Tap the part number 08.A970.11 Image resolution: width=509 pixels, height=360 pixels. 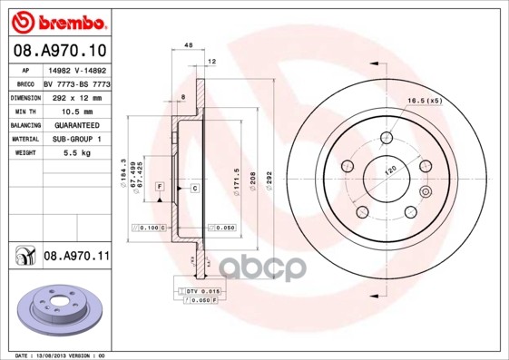point(76,257)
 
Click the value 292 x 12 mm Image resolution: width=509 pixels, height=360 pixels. point(75,96)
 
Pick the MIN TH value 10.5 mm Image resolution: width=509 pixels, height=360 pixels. point(75,110)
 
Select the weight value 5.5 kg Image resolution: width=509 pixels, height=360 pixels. point(75,153)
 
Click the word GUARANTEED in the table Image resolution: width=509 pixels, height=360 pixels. point(75,124)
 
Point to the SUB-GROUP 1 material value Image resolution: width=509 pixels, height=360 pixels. point(75,139)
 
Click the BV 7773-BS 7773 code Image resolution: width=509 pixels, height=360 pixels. point(76,83)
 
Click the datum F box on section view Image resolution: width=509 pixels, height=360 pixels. point(159,186)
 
